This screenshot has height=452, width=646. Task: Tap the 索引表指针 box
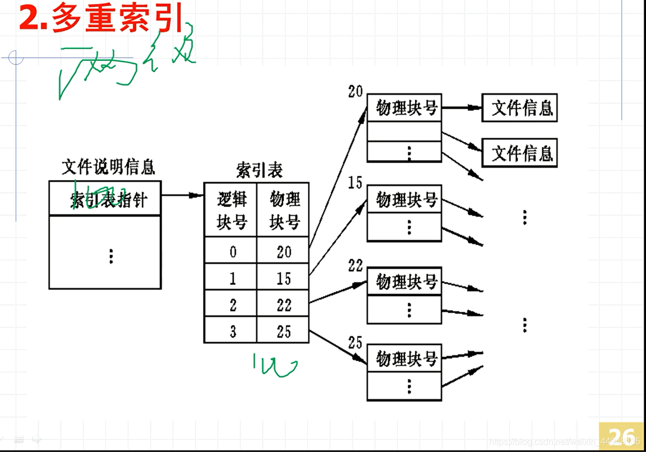click(x=105, y=198)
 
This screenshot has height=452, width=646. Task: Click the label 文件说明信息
click(x=108, y=167)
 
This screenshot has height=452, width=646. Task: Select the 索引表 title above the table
click(x=259, y=170)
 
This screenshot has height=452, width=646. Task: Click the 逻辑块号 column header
click(x=231, y=210)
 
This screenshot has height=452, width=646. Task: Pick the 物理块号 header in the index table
click(x=284, y=210)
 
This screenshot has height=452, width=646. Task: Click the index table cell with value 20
click(x=283, y=252)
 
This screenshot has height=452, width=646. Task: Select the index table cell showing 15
click(x=283, y=278)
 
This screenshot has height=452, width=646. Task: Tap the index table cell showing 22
click(x=283, y=304)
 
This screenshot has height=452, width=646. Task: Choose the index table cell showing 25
click(x=283, y=331)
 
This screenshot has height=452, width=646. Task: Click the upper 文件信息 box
click(x=520, y=108)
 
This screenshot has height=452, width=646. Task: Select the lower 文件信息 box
click(x=520, y=153)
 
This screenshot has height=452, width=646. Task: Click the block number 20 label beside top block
click(x=355, y=92)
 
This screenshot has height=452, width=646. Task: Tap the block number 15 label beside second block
click(x=355, y=183)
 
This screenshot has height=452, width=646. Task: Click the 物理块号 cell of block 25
click(x=404, y=358)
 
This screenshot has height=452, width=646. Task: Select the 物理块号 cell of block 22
click(x=404, y=281)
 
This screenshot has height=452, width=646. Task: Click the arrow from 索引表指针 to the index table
click(x=182, y=195)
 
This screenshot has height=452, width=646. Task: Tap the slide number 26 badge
click(x=621, y=436)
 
